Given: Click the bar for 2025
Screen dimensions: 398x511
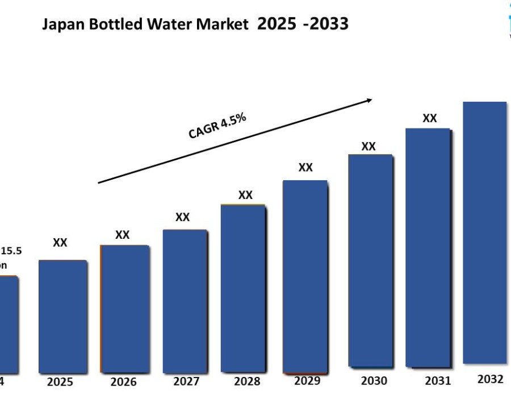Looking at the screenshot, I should click(x=63, y=316).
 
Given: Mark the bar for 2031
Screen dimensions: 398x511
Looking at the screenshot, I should click(x=428, y=247).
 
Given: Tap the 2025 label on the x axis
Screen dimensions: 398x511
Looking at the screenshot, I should click(x=60, y=382).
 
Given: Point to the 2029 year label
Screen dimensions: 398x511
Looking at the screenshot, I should click(x=307, y=380).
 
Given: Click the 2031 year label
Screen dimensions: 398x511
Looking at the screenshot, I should click(x=438, y=380).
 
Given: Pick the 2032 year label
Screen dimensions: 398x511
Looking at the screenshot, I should click(x=491, y=379).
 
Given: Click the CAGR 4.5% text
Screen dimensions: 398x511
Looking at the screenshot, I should click(x=217, y=126).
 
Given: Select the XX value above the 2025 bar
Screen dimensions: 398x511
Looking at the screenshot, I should click(x=60, y=243).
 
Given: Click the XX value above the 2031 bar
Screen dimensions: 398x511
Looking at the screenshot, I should click(x=430, y=118).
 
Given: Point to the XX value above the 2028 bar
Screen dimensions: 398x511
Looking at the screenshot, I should click(x=245, y=195).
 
